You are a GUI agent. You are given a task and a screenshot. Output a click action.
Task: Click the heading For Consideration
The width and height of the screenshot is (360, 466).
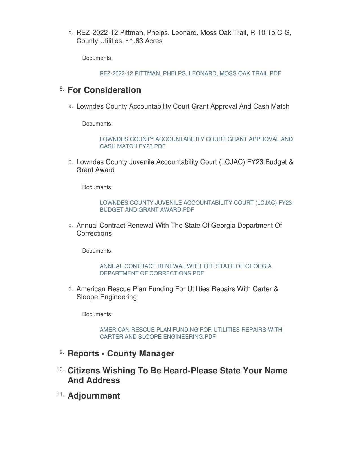(104, 90)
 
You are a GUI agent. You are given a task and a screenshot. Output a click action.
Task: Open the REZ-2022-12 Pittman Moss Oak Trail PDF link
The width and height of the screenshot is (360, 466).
(190, 73)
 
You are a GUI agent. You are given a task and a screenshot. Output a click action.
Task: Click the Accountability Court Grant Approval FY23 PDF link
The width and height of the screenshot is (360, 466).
(196, 143)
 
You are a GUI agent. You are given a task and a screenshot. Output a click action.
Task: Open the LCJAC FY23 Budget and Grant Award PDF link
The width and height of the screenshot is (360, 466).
(195, 206)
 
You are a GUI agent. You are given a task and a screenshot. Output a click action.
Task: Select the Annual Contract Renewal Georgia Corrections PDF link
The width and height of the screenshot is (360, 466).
(186, 270)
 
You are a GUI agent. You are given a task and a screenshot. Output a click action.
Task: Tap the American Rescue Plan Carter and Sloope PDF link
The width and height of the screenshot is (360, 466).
(191, 333)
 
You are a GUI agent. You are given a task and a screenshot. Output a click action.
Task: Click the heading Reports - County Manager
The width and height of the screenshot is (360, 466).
(121, 353)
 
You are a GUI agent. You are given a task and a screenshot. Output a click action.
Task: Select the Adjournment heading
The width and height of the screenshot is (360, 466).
(94, 396)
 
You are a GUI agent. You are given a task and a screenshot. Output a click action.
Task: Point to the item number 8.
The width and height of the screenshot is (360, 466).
(62, 89)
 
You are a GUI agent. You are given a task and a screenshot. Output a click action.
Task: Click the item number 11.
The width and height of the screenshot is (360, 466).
(60, 395)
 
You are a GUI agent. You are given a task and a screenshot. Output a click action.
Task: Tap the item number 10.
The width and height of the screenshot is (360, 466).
(60, 369)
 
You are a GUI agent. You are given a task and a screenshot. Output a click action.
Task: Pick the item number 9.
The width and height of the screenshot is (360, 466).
(62, 352)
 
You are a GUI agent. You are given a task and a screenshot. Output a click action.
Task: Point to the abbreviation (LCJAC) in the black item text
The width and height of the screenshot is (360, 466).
(232, 162)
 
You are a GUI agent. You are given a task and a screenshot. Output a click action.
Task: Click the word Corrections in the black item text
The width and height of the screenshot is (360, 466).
(94, 233)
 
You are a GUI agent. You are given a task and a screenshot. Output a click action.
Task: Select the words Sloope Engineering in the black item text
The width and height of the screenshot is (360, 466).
(106, 297)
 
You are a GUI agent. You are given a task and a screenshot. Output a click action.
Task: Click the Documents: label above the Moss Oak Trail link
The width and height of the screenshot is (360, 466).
(97, 58)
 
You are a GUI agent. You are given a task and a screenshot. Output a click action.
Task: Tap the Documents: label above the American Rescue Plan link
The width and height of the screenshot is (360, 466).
(97, 314)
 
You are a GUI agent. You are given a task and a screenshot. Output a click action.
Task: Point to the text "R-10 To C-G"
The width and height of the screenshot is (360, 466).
(270, 33)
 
